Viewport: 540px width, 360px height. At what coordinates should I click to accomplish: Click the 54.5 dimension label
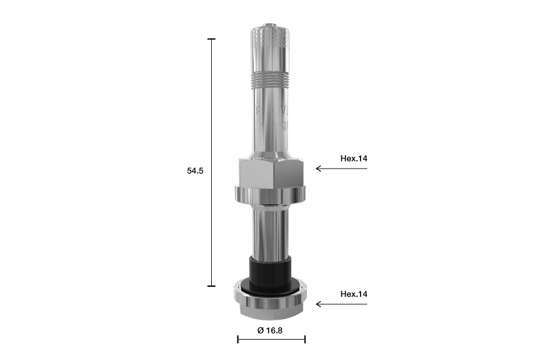[195, 170]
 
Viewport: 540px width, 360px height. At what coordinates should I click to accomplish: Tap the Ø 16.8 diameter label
[270, 331]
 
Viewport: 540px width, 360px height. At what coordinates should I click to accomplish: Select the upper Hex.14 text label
[353, 158]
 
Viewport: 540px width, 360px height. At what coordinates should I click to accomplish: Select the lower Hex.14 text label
[353, 294]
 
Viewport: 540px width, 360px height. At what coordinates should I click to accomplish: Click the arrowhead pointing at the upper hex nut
[319, 169]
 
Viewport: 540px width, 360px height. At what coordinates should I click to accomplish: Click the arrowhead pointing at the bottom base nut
[319, 304]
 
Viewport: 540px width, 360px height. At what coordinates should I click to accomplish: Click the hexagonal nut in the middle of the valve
[271, 173]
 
